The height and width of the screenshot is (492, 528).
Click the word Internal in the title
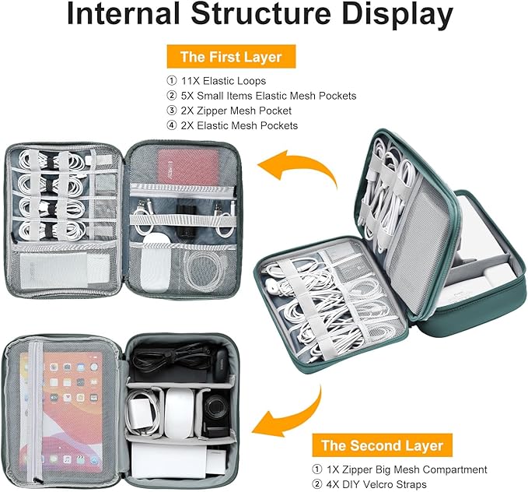123,13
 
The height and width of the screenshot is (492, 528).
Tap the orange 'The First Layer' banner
231,57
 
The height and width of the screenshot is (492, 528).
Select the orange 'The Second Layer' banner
382,445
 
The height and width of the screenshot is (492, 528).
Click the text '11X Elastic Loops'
223,81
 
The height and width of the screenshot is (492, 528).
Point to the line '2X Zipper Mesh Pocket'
236,111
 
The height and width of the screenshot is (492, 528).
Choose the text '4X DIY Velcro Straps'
376,484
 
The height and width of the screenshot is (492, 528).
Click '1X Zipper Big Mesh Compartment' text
407,469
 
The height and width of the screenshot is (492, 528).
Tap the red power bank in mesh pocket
188,167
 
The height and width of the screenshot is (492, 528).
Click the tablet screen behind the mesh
61,411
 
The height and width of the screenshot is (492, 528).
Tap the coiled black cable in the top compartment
169,358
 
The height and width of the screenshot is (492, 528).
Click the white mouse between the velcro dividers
180,413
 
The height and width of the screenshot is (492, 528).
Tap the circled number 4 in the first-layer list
171,125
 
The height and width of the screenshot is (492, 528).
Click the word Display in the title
398,13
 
